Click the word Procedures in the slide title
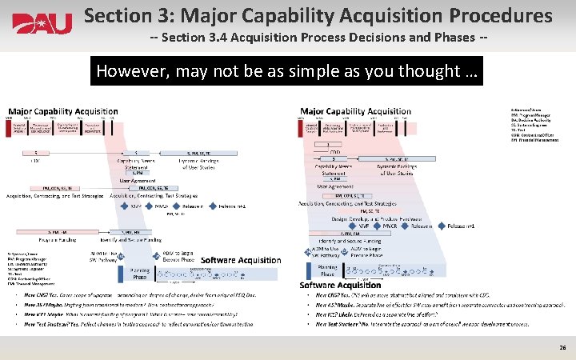(x=496, y=15)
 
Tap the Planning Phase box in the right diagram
(x=327, y=270)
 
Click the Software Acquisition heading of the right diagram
(x=340, y=286)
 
